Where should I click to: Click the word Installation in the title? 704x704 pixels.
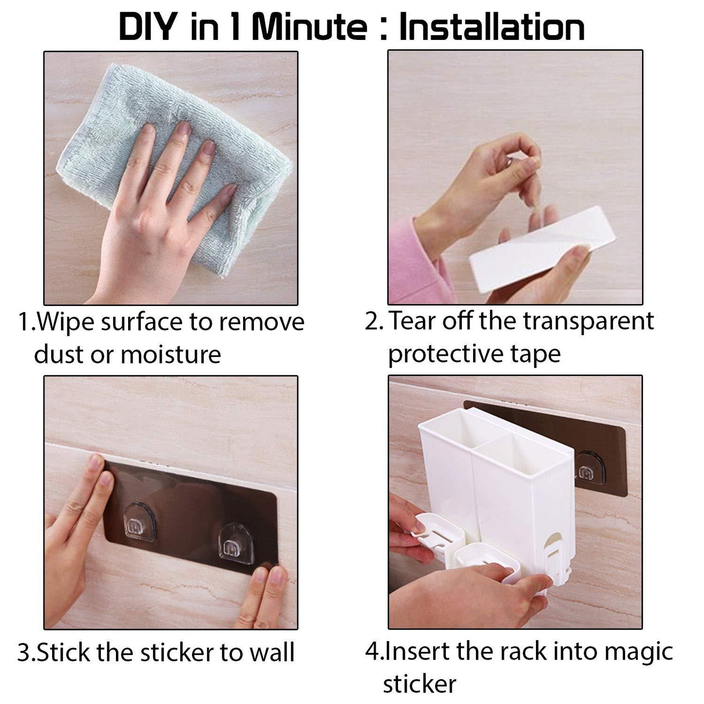[492, 27]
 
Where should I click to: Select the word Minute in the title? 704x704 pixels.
[309, 27]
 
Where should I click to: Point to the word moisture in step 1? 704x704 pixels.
[171, 355]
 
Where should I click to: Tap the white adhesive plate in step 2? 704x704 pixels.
[542, 249]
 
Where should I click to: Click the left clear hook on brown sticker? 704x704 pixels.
[139, 522]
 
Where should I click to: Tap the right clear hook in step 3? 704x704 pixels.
[236, 544]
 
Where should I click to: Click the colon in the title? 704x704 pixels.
[383, 30]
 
